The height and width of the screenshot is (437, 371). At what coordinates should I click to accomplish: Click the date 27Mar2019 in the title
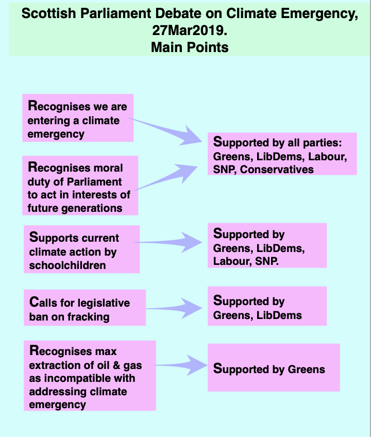coord(190,30)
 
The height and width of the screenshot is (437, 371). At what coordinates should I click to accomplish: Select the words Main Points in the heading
coord(190,47)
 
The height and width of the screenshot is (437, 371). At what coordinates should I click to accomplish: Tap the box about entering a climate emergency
coord(78,118)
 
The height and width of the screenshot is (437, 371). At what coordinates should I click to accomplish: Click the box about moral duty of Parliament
coord(80,186)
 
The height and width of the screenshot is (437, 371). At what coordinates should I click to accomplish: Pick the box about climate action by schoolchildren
coord(81,249)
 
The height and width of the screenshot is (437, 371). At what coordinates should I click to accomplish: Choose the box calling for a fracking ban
coord(85,308)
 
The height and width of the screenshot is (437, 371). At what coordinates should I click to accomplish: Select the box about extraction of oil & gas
coord(90,376)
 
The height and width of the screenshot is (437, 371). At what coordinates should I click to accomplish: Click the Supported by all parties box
coord(282,154)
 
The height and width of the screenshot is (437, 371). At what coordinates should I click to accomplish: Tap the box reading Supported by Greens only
coord(274,367)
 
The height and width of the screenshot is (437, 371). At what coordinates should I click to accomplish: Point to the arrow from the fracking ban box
coord(174,308)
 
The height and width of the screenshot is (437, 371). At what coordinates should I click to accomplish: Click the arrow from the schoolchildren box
coord(168,242)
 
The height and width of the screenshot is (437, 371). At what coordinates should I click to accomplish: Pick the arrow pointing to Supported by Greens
coord(181,365)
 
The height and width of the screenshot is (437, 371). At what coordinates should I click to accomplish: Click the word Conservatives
coord(277,170)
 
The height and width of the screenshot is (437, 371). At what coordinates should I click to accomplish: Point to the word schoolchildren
coord(68,265)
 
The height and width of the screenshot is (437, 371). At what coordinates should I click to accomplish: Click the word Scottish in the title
coord(49,13)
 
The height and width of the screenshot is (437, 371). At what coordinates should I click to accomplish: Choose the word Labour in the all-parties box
coord(328,156)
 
